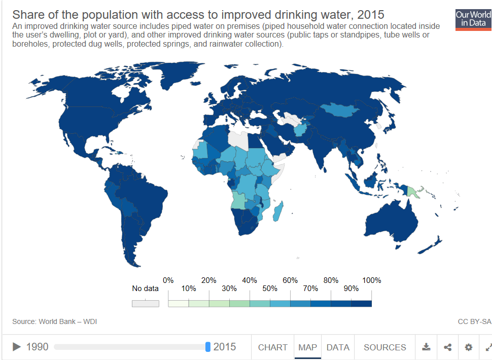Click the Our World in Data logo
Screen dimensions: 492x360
click(474, 20)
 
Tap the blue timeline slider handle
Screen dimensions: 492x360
click(208, 347)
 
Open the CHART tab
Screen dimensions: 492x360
click(273, 347)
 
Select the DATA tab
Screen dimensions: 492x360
click(338, 347)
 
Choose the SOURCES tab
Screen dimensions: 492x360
click(384, 347)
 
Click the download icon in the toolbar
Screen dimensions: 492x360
click(426, 347)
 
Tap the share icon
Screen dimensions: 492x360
click(448, 347)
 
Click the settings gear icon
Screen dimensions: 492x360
click(469, 347)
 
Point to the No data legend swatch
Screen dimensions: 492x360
click(145, 304)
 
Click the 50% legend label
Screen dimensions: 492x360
click(270, 289)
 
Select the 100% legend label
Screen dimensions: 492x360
click(371, 280)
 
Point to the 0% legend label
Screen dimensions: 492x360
click(168, 280)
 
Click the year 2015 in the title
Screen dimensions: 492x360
click(371, 15)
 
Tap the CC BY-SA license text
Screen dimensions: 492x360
click(474, 322)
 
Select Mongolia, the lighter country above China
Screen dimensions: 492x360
click(339, 110)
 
